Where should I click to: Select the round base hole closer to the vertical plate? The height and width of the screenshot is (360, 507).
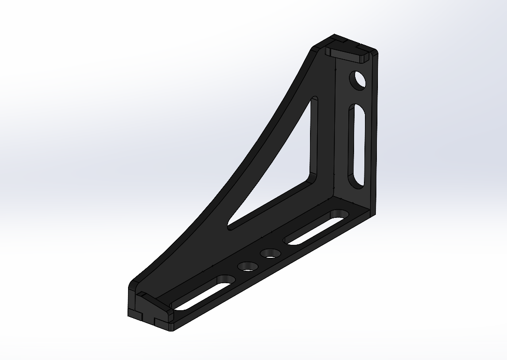(x=271, y=254)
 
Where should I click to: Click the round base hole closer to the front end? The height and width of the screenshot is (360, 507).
(x=248, y=267)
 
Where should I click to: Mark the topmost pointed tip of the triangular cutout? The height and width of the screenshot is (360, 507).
(x=314, y=99)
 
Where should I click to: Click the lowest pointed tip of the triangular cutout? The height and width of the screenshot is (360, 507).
(x=229, y=225)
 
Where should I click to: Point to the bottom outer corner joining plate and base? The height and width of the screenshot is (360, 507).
(x=373, y=213)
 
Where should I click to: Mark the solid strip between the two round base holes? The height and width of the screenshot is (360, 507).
(x=260, y=260)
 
